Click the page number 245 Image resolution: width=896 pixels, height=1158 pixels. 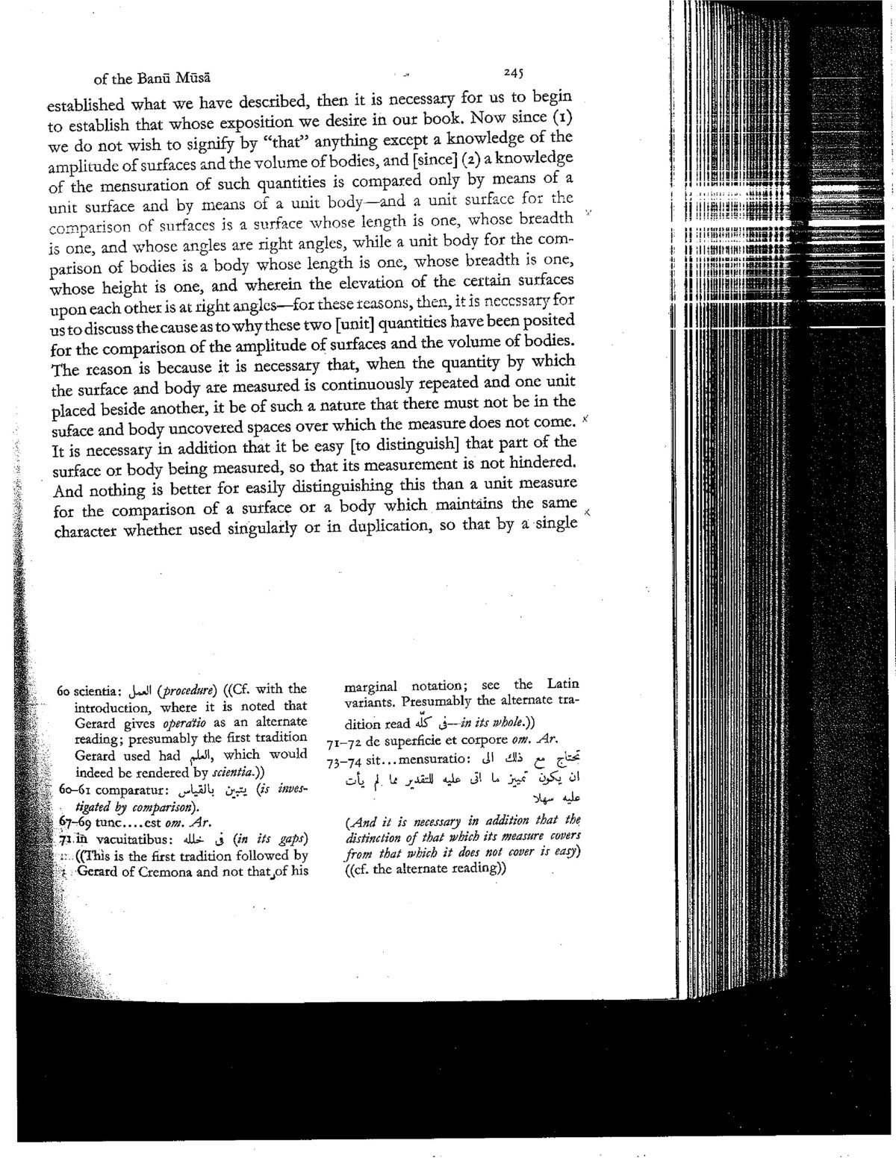514,73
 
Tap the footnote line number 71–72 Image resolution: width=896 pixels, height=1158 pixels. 341,743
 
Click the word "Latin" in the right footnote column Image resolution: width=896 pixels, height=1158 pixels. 564,684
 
